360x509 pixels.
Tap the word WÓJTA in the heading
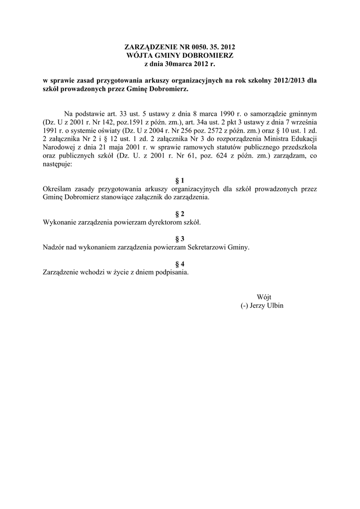tap(139, 55)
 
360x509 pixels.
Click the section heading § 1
tap(180, 180)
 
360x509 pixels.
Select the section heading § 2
tap(180, 214)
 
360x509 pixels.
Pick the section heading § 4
tap(180, 263)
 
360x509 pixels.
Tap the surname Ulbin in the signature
tap(274, 305)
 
